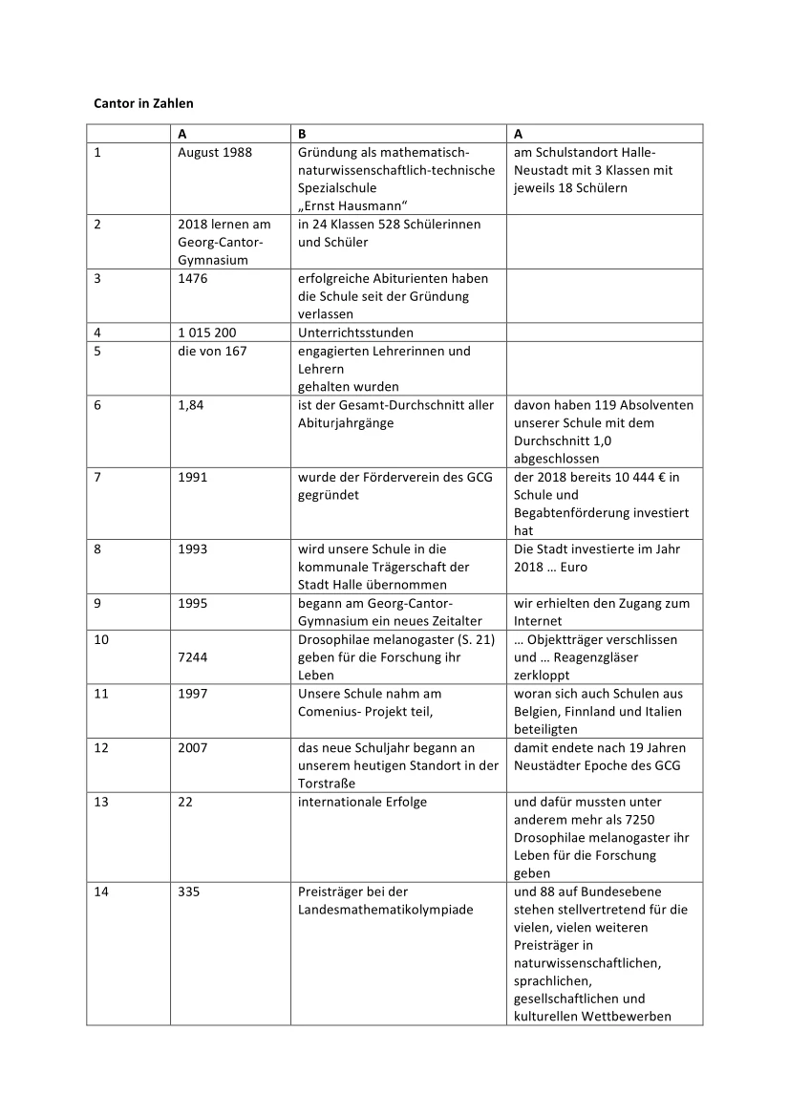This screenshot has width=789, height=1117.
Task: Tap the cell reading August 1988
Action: click(215, 153)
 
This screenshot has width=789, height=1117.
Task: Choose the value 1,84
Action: click(190, 405)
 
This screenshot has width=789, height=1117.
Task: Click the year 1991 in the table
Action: click(192, 477)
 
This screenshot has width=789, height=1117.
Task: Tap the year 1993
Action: click(192, 549)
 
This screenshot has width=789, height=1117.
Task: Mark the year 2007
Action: click(192, 748)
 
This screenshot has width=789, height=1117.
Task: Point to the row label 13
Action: click(100, 803)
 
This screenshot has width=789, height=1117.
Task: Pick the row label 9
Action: click(97, 604)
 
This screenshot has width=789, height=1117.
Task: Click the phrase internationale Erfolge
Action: click(362, 803)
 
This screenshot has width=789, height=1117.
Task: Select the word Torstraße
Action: click(327, 784)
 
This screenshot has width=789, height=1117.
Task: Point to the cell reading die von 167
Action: click(212, 351)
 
